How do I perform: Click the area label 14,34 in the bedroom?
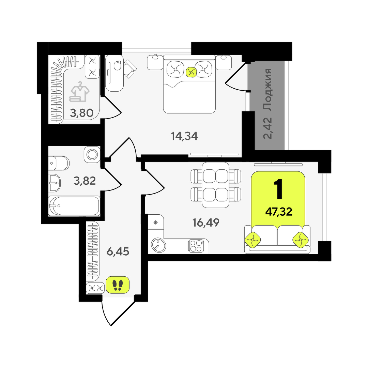point(184,136)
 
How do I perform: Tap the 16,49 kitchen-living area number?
point(206,223)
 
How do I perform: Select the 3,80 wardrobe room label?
point(82,113)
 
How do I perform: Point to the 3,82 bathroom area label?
point(85,181)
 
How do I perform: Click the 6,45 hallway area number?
point(118,251)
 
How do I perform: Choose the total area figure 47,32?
point(279,212)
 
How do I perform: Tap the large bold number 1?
point(278,189)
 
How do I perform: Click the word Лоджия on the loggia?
point(267,90)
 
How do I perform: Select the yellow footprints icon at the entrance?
point(118,285)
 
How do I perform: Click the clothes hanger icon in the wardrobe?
point(79,92)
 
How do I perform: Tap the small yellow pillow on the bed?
point(191,72)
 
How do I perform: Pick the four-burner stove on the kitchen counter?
point(196,246)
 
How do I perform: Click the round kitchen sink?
point(158,245)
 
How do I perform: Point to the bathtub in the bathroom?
point(74,206)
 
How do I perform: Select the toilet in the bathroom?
point(59,163)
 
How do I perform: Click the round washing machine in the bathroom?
point(92,154)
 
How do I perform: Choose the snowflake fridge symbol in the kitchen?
point(155,223)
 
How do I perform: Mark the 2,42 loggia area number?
point(267,128)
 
